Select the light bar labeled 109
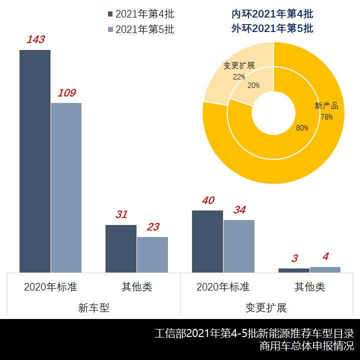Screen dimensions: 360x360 point(66,187)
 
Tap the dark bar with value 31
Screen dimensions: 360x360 point(121,248)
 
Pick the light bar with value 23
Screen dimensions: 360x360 point(152,254)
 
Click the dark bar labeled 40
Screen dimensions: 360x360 point(207,241)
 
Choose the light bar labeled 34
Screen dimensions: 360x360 point(239,246)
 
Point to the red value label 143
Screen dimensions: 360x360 point(35,39)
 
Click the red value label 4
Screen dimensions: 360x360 point(325,256)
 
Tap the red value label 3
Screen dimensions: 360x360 point(294,258)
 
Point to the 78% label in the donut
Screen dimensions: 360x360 point(326,117)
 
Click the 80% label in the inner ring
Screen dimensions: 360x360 point(302,128)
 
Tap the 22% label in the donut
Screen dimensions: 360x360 point(239,77)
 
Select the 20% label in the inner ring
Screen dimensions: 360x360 point(253,85)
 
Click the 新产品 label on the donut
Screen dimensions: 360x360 point(326,106)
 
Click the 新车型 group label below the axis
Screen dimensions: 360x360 point(93,308)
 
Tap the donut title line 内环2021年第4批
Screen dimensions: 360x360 point(272,13)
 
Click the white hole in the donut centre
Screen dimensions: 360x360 point(273,113)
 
